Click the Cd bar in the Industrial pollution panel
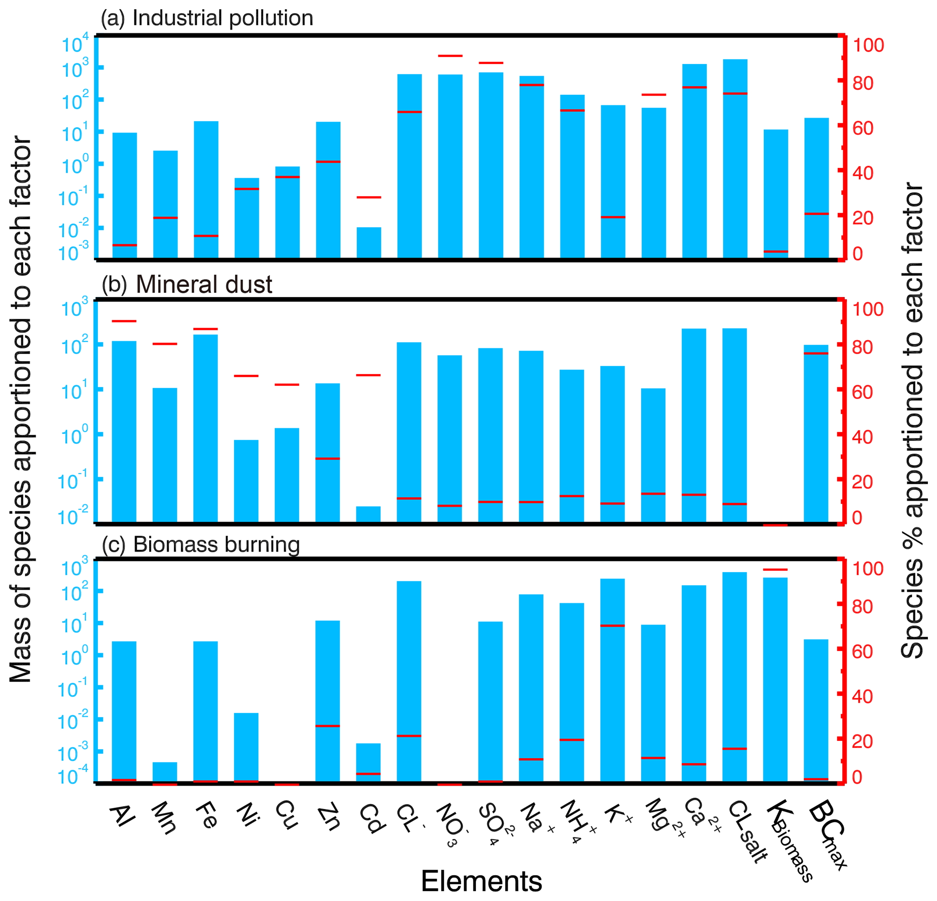(x=369, y=243)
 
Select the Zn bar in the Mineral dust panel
(x=327, y=452)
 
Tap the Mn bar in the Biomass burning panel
(x=165, y=772)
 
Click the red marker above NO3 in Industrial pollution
(x=450, y=56)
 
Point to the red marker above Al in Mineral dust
(x=124, y=321)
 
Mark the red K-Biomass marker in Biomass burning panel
(x=775, y=570)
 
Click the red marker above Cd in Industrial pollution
(x=369, y=197)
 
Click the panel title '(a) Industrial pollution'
(x=207, y=18)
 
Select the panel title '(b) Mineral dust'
(x=187, y=285)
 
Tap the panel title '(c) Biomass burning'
(x=201, y=545)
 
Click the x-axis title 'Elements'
(x=481, y=881)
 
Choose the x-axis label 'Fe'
(x=207, y=815)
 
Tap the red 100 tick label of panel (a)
(x=868, y=45)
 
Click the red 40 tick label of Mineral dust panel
(x=862, y=437)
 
